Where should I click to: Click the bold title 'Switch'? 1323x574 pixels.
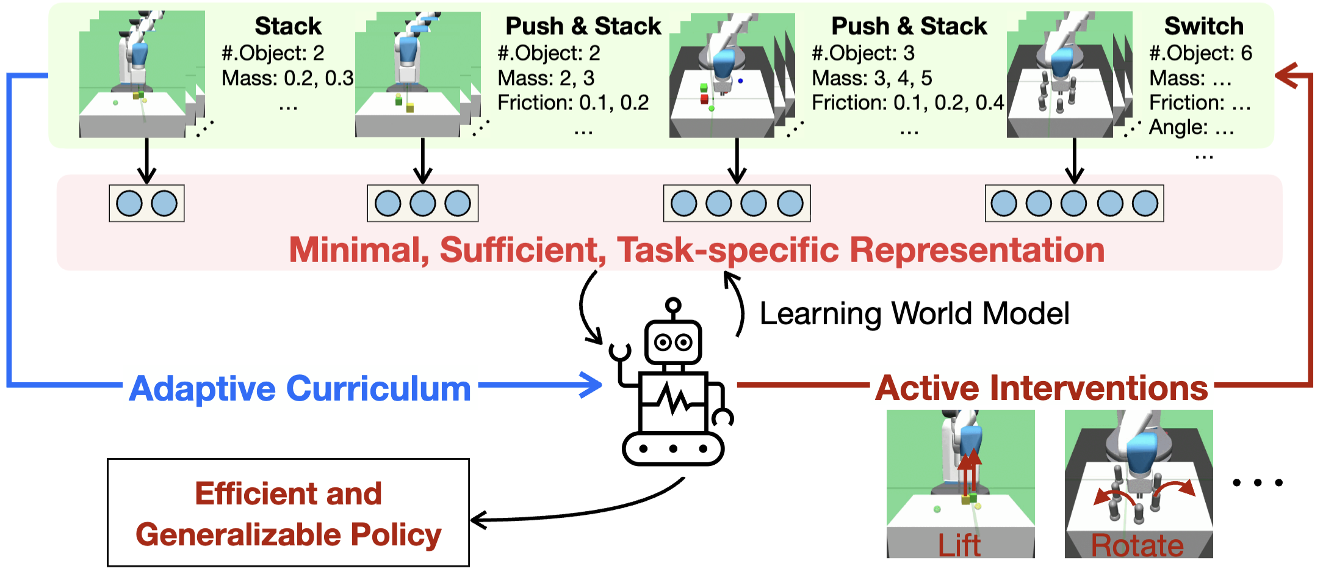point(1203,26)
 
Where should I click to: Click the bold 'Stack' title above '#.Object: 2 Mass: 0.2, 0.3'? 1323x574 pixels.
point(287,26)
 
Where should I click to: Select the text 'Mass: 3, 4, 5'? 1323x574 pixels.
point(871,78)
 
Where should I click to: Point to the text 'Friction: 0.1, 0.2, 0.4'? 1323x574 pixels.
point(907,103)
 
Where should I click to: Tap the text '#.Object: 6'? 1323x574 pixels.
point(1200,53)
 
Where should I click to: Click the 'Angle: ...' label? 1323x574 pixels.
point(1191,127)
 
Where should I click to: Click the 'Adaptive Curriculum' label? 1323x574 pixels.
point(300,388)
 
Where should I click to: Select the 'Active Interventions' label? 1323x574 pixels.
point(1041,388)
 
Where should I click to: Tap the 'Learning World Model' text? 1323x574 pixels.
point(914,314)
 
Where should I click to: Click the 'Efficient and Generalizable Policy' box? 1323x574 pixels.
point(288,513)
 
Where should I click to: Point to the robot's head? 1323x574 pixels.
point(673,341)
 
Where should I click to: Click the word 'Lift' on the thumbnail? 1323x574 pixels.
point(959,545)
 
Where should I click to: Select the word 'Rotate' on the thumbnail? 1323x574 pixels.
point(1137,545)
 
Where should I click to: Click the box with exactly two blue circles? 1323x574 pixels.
point(146,203)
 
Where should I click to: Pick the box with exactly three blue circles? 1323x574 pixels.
point(422,203)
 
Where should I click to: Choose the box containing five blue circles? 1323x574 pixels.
point(1074,203)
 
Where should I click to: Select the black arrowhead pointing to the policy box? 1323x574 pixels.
point(480,520)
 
